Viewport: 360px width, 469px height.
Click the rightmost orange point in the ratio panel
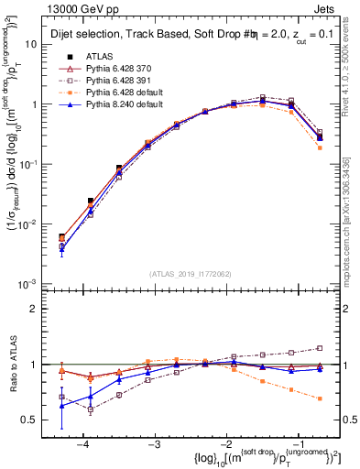(x=319, y=398)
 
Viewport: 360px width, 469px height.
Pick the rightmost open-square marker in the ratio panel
(x=319, y=348)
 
